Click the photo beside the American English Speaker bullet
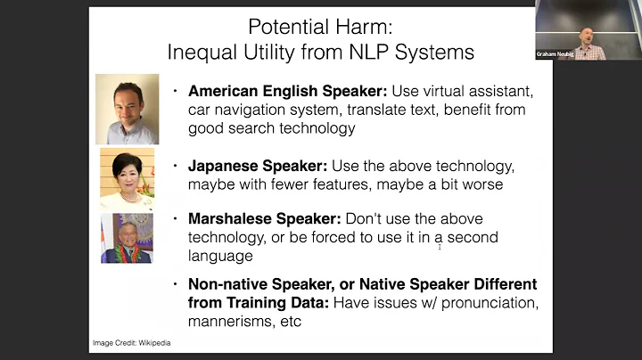(127, 109)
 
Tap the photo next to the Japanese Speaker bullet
(127, 179)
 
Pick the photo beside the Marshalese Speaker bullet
(127, 239)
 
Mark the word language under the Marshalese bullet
(220, 257)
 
